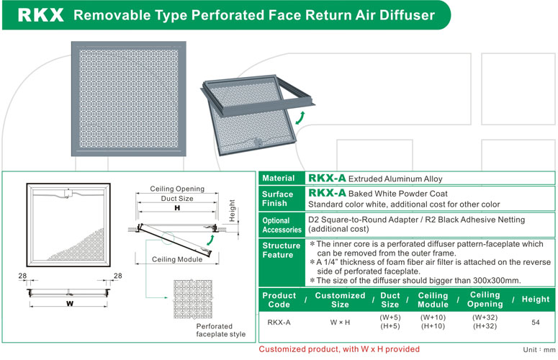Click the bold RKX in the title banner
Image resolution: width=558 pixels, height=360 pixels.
click(x=40, y=15)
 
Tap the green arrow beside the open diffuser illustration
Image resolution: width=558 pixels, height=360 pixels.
click(x=300, y=118)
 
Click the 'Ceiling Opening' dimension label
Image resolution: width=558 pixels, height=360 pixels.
click(x=177, y=189)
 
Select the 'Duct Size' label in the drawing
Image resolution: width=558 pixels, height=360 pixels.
click(x=177, y=199)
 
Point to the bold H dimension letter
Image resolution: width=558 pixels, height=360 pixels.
click(x=177, y=208)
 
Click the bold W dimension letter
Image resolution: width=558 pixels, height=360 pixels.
click(x=70, y=303)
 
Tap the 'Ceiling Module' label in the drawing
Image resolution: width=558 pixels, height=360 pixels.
click(x=177, y=259)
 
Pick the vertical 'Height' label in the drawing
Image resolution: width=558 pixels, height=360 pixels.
click(x=232, y=210)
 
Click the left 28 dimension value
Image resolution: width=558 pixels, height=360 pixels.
click(x=22, y=276)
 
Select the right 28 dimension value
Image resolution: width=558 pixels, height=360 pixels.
click(x=118, y=276)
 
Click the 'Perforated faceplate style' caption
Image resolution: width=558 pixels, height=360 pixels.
click(x=220, y=330)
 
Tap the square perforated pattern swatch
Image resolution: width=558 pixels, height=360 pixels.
click(x=193, y=300)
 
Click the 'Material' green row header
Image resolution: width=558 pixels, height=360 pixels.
click(x=279, y=179)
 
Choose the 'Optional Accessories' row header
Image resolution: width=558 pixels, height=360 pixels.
click(x=282, y=225)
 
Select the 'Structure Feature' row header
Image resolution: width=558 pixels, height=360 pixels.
click(x=281, y=250)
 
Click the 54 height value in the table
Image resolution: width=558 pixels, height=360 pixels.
click(x=536, y=323)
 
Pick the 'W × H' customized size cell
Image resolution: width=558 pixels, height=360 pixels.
click(x=340, y=323)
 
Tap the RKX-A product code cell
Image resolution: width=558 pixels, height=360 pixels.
click(x=279, y=323)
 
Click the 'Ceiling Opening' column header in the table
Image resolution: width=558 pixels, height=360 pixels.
click(x=485, y=300)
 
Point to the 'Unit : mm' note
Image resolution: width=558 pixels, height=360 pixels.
click(x=539, y=350)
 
